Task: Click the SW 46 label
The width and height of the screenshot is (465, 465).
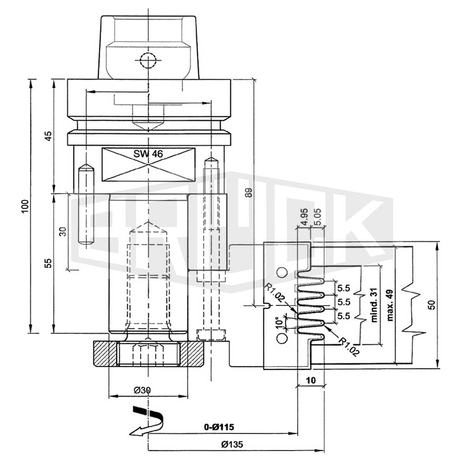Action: [148, 153]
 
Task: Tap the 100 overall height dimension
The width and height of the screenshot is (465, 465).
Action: [25, 206]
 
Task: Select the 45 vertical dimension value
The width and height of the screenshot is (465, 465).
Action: [48, 136]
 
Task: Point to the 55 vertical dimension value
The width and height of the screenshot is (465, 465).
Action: [48, 263]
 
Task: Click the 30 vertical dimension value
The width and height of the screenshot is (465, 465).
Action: [63, 231]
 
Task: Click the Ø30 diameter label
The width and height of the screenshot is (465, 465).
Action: [142, 390]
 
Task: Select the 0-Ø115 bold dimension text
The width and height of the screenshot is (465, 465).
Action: [219, 427]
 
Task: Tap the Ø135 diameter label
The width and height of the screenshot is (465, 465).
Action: [232, 444]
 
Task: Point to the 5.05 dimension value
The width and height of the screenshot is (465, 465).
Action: [317, 217]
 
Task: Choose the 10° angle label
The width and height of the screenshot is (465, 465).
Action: [279, 323]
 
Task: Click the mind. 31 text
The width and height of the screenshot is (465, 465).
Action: [374, 305]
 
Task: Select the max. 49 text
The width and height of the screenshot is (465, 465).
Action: [390, 305]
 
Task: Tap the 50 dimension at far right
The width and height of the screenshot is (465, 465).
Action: [432, 305]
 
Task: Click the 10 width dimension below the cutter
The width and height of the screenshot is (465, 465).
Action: [311, 380]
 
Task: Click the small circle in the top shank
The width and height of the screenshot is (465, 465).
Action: [148, 61]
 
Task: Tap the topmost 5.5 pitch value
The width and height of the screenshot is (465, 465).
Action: [344, 288]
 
